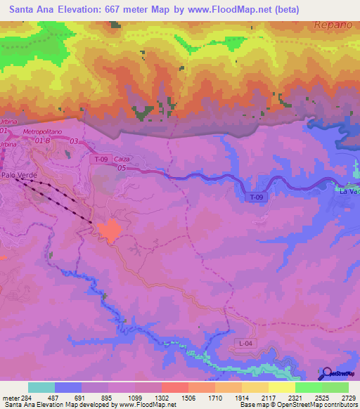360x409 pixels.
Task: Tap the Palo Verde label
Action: (x=18, y=175)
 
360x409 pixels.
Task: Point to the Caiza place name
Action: (x=120, y=160)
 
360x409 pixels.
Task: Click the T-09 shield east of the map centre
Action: (x=257, y=198)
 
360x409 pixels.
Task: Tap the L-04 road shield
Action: (x=243, y=342)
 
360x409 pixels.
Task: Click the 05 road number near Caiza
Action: (x=122, y=169)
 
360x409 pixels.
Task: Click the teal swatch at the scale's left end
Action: (x=41, y=387)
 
